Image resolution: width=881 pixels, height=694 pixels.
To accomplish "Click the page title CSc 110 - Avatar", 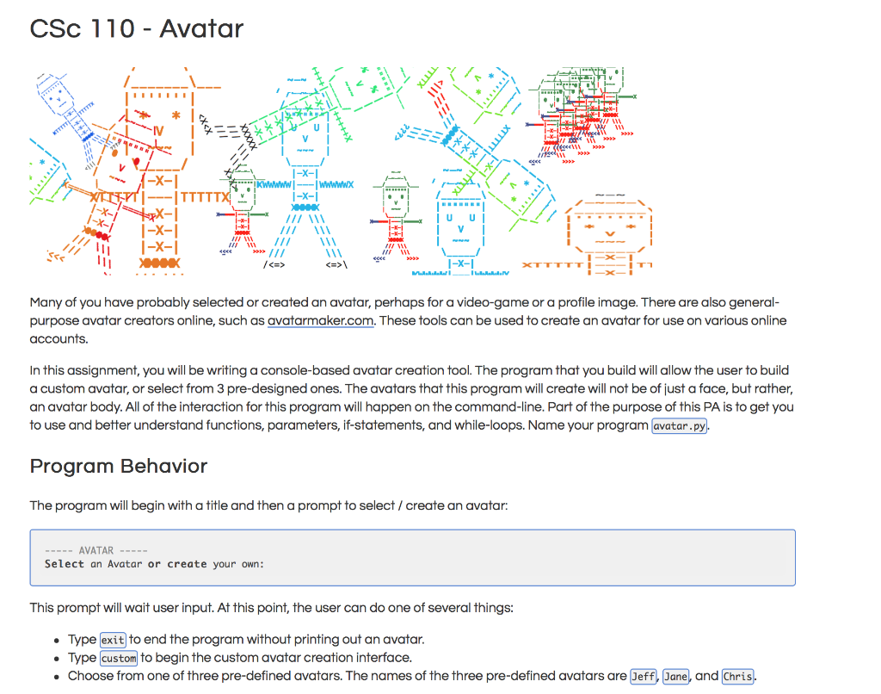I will (x=136, y=28).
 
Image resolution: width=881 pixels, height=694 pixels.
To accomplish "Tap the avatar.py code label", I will (x=680, y=426).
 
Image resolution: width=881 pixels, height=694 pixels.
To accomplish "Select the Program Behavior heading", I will (x=119, y=467).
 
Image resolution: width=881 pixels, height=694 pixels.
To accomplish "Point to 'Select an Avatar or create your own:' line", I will (x=154, y=565).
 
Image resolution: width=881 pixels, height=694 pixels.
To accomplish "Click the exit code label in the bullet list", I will (x=113, y=641).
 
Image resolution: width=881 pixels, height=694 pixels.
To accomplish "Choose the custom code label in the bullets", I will (x=119, y=659).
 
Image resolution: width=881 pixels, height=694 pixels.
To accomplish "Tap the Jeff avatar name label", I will (x=643, y=677).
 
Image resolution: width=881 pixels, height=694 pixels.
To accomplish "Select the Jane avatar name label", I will (x=675, y=677).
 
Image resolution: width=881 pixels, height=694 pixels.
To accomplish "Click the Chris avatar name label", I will (x=737, y=677).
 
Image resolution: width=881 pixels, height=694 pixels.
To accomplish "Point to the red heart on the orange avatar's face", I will (x=136, y=161).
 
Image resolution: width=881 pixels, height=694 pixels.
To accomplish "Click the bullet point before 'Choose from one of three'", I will (x=57, y=677).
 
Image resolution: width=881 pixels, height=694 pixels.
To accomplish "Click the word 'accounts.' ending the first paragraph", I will (x=59, y=338).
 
